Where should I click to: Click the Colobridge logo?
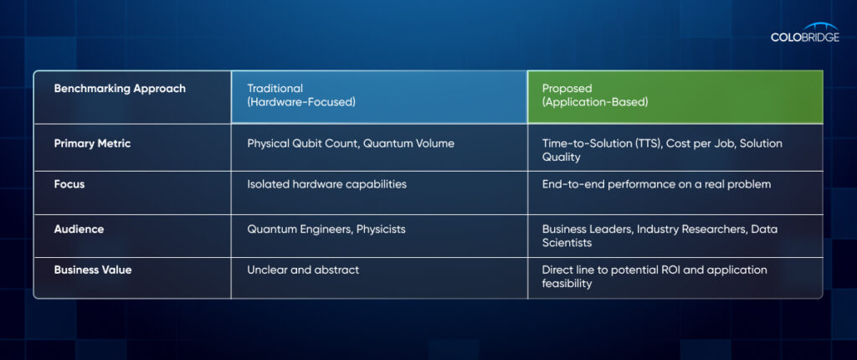[x=805, y=33]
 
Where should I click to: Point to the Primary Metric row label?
[x=92, y=143]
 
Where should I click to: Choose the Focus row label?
[x=69, y=184]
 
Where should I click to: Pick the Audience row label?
[x=79, y=229]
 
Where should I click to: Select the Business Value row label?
[x=93, y=270]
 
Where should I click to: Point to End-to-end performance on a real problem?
[x=656, y=184]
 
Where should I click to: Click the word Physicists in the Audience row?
[x=381, y=229]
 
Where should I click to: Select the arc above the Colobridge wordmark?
[x=821, y=25]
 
